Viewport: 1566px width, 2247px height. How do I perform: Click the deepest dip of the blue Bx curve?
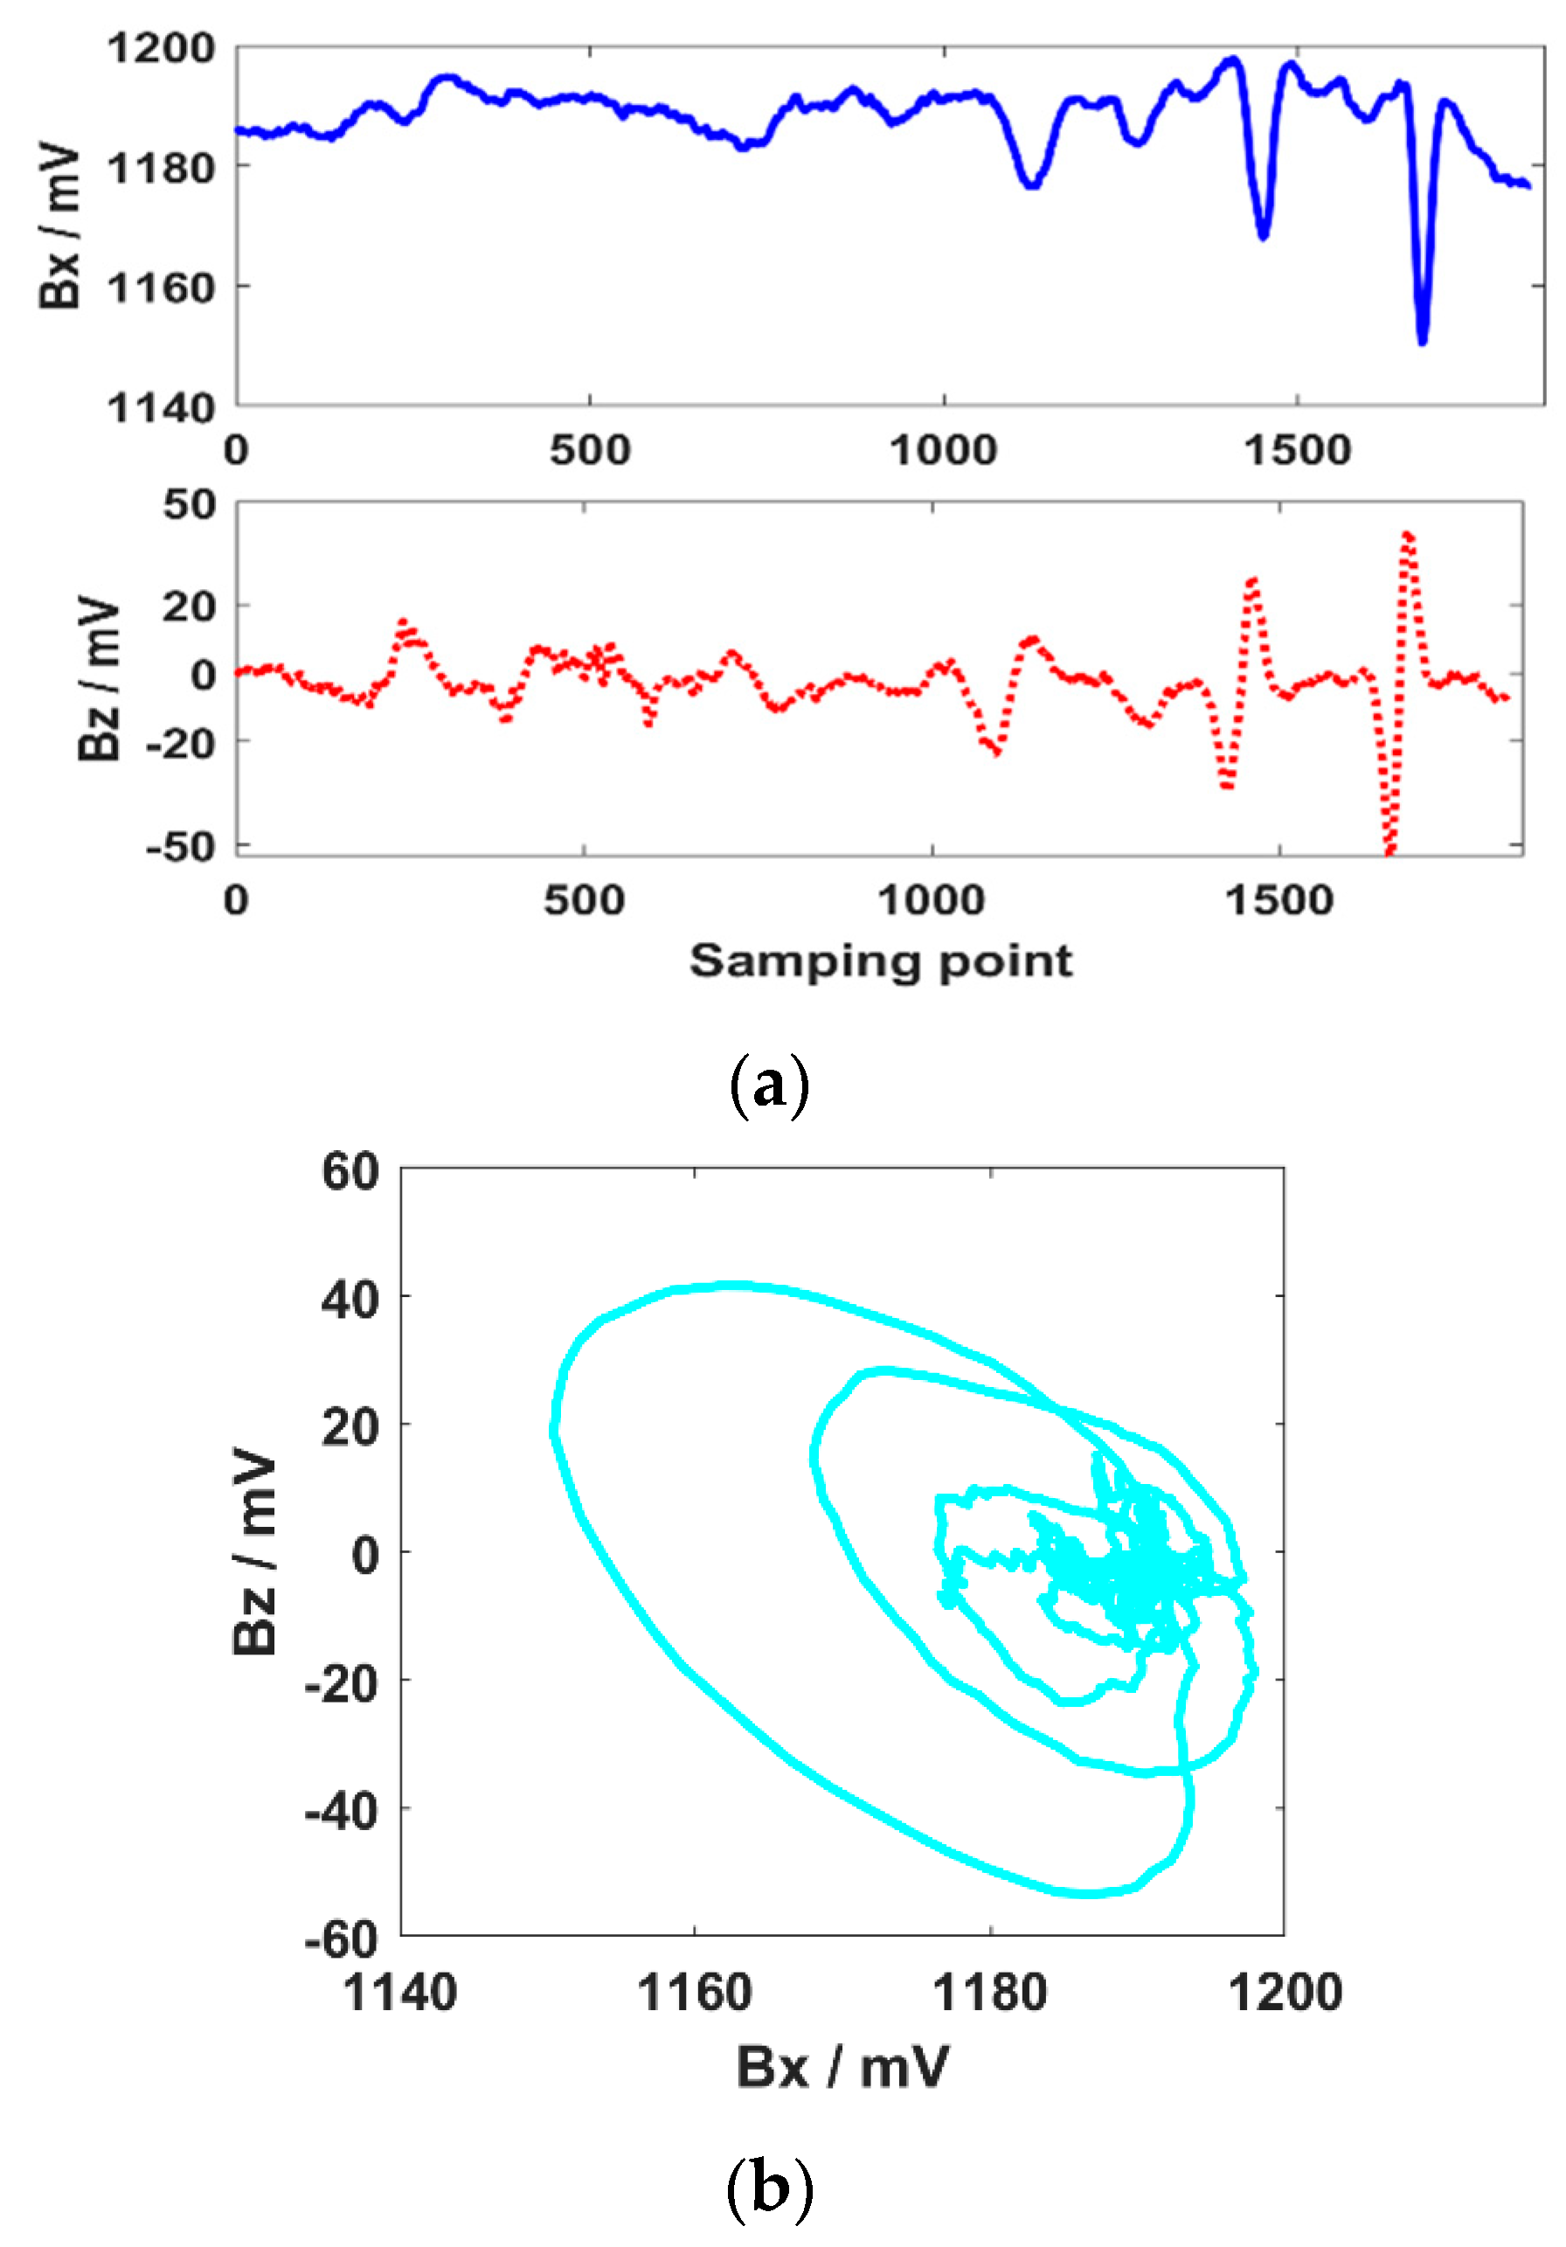(x=1422, y=340)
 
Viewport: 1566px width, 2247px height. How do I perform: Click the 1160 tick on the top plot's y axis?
(x=161, y=288)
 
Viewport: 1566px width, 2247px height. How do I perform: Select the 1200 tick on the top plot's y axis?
(x=161, y=48)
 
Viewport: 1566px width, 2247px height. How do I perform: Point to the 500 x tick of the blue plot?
(x=589, y=450)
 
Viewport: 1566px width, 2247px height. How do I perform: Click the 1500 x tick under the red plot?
(x=1279, y=900)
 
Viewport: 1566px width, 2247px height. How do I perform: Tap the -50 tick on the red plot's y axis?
(x=181, y=845)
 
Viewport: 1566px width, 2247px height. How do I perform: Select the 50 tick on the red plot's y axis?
(x=190, y=505)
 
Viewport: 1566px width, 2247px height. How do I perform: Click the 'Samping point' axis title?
(x=880, y=961)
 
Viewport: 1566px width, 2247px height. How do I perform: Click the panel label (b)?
(x=769, y=2188)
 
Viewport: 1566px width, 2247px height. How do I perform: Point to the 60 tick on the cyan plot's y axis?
(x=350, y=1171)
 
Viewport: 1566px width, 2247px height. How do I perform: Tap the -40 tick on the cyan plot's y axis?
(x=342, y=1812)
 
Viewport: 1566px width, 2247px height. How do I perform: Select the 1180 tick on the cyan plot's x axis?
(x=989, y=1993)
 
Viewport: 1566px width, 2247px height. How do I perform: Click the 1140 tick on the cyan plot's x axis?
(x=400, y=1993)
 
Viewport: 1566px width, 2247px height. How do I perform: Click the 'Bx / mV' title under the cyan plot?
(x=842, y=2068)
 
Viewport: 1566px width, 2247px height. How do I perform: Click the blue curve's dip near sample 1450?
(x=1264, y=236)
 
